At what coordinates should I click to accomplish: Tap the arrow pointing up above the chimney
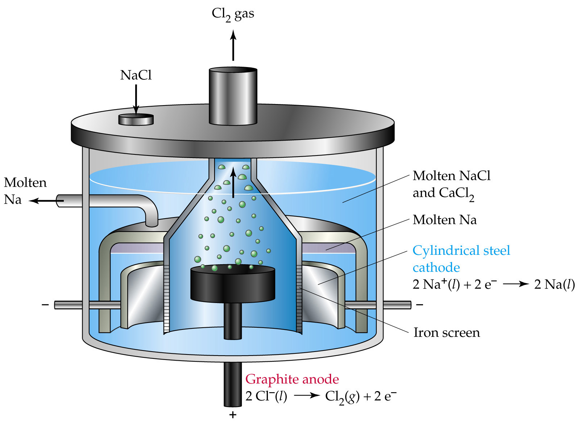233,45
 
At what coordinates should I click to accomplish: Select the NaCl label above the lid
136,75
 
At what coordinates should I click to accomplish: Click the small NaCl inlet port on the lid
136,119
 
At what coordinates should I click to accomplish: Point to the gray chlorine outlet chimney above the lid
233,96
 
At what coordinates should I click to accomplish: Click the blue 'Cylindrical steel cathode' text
461,259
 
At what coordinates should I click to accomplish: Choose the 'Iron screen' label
447,332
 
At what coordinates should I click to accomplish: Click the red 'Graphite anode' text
292,379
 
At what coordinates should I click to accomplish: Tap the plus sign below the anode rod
233,415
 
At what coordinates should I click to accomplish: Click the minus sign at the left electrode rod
45,305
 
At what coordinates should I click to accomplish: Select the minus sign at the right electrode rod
419,305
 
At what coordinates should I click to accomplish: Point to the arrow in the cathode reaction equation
516,284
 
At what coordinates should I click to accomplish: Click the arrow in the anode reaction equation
307,396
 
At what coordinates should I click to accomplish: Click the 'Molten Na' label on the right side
444,220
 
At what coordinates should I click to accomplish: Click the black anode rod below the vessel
233,384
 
